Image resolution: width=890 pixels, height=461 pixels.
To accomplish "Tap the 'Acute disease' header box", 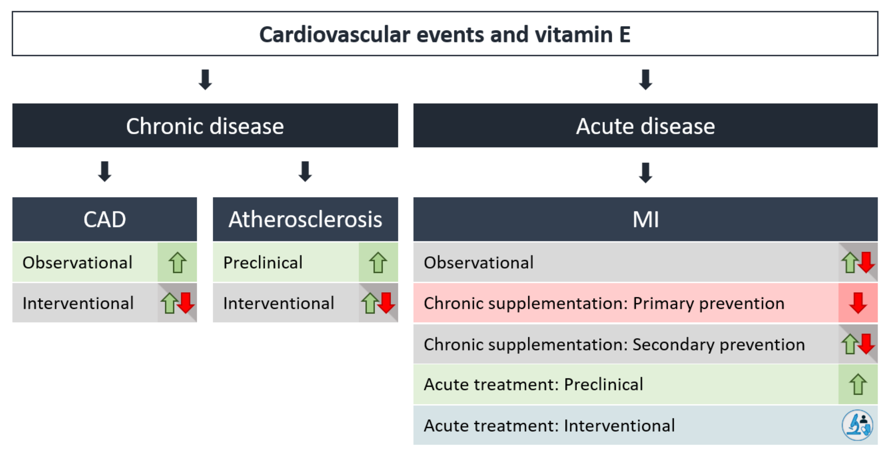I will [645, 126].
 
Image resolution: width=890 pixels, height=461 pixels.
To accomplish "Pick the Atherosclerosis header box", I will [305, 219].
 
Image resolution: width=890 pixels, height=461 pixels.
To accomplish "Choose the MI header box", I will [645, 219].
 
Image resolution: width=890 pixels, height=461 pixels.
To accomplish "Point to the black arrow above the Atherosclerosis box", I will [305, 171].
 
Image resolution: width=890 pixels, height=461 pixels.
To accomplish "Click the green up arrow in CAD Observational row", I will [177, 262].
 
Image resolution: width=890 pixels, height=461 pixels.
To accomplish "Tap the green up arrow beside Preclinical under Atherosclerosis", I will [378, 262].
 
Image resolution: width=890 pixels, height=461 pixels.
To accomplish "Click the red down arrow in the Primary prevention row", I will [858, 303].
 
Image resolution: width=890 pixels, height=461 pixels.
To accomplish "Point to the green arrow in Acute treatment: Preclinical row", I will [858, 384].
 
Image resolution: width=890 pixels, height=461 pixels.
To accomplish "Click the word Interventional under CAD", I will [78, 303].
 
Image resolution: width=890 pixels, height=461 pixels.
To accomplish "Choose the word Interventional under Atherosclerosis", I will [278, 303].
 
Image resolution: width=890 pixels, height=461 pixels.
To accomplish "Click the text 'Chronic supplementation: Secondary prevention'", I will [614, 344].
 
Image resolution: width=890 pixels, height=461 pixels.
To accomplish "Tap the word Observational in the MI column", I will [479, 262].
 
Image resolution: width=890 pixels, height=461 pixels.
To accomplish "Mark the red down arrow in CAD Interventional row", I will [186, 303].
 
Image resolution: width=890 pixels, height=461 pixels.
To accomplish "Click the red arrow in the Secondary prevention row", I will [866, 343].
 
